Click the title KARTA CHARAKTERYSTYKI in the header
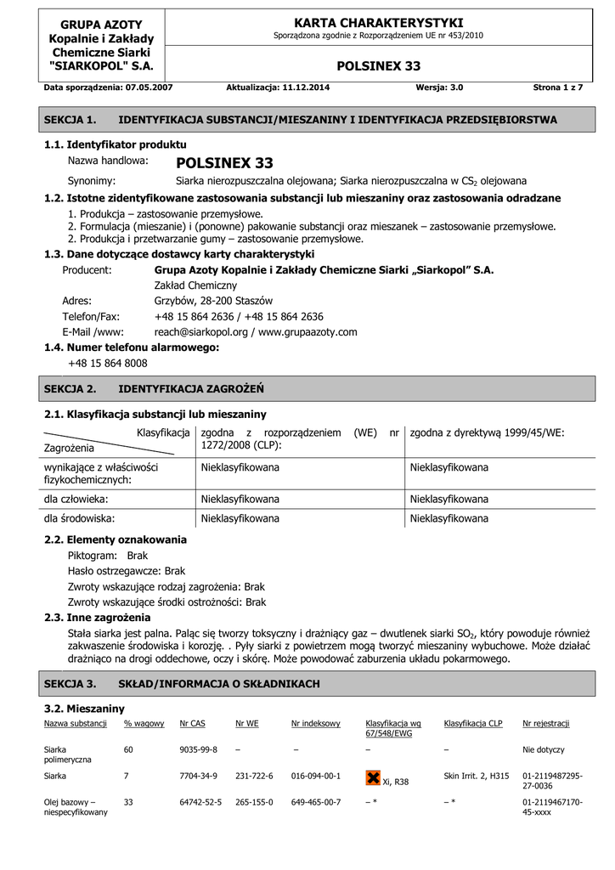tap(378, 22)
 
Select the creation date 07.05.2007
tap(150, 88)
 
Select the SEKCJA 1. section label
tap(70, 121)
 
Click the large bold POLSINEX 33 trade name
tap(224, 163)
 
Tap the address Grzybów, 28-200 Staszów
tap(213, 301)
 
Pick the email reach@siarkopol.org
tap(200, 332)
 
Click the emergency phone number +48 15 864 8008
tap(107, 363)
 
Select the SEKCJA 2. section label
tap(70, 388)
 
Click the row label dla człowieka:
tap(76, 499)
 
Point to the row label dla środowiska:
tap(79, 517)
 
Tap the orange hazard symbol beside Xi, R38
tap(372, 778)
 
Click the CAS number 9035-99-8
tap(199, 750)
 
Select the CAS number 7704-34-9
tap(199, 776)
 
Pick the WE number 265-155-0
tap(254, 802)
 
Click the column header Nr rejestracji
tap(546, 724)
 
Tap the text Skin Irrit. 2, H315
tap(477, 776)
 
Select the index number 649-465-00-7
tap(316, 802)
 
